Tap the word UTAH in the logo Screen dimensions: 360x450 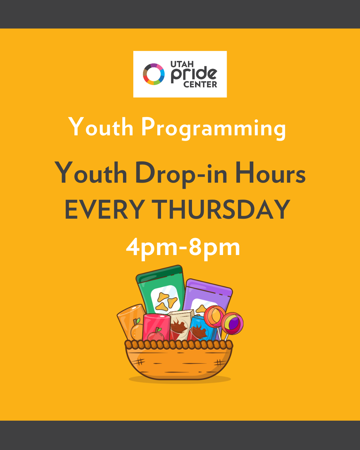click(182, 64)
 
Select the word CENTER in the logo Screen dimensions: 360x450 click(200, 84)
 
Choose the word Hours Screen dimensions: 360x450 click(271, 173)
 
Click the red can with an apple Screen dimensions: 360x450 click(156, 327)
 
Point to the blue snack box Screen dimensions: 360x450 click(199, 329)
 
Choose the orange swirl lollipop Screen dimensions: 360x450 click(214, 316)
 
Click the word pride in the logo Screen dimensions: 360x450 click(194, 75)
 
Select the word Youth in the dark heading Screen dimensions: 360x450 click(91, 173)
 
